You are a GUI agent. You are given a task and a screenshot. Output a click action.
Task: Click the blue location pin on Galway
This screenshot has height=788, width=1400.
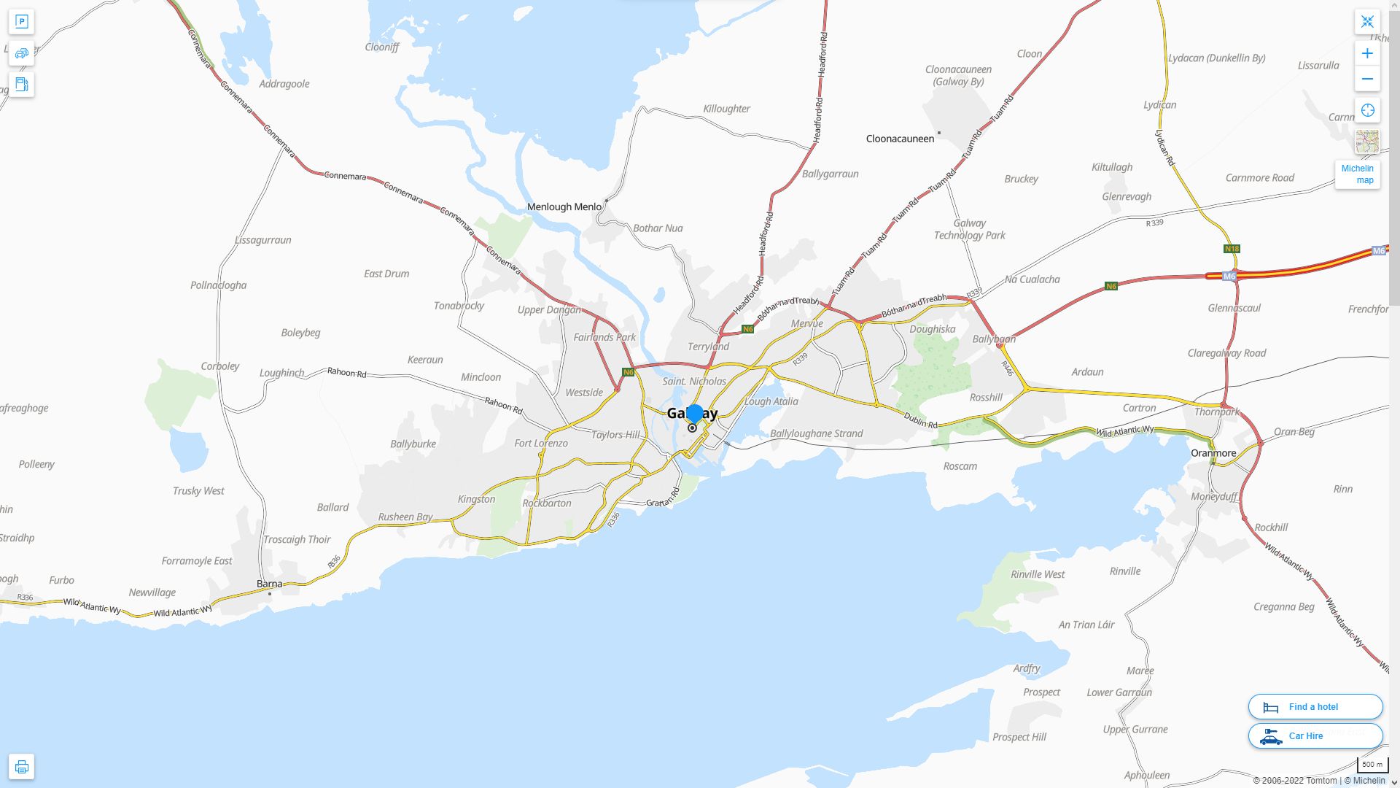[694, 413]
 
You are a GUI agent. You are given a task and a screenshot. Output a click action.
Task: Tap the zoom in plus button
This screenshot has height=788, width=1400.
[1367, 53]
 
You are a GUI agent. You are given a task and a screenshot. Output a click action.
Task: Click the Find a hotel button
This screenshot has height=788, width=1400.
[1315, 707]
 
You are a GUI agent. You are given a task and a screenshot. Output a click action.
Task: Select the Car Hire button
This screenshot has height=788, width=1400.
[1315, 736]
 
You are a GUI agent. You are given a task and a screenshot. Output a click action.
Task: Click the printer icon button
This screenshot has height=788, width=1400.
[21, 767]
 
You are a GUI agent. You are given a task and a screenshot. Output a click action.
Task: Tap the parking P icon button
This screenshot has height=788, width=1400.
[21, 22]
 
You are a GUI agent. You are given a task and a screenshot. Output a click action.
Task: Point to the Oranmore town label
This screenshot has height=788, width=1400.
[1213, 453]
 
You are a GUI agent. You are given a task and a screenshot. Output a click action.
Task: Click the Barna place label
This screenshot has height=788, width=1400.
[269, 584]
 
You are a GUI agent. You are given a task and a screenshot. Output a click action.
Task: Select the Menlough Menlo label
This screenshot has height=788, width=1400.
[564, 207]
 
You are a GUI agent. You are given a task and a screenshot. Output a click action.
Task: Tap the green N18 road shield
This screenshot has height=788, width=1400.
[1232, 249]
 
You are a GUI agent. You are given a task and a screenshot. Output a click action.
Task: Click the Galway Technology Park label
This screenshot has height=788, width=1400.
[969, 229]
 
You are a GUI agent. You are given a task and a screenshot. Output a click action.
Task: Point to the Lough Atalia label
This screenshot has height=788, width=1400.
[771, 401]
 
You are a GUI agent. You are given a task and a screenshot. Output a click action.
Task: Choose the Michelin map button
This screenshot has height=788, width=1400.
[1357, 174]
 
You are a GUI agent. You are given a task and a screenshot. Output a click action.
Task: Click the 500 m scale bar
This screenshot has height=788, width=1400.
[1372, 765]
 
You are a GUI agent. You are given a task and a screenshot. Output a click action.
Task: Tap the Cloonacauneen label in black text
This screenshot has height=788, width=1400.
[900, 139]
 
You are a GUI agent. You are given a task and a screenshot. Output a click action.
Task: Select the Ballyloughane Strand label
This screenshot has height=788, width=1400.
[816, 433]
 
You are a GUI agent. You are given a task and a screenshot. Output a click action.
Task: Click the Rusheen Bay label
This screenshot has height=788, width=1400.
[405, 517]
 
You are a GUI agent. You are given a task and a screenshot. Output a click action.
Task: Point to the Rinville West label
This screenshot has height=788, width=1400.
[1038, 574]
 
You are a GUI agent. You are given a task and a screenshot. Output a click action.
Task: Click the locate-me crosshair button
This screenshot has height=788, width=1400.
[1367, 110]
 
